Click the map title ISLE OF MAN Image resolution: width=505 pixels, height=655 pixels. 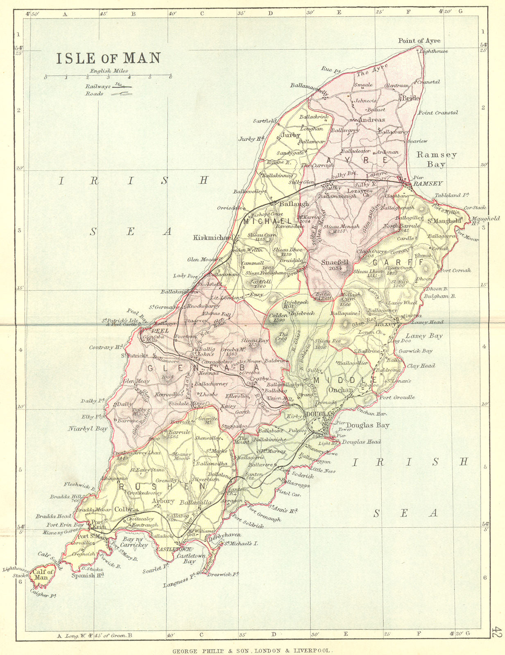point(108,58)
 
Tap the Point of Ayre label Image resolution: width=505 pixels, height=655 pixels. point(419,41)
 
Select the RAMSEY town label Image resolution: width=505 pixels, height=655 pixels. point(428,184)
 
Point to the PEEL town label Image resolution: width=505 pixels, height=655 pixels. point(158,330)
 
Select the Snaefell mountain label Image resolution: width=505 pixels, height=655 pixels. point(335,262)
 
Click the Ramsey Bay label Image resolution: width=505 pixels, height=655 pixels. point(436,159)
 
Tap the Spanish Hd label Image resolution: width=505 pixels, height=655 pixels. point(87,575)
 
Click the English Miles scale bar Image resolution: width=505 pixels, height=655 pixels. point(108,76)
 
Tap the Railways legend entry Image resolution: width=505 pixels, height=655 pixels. point(108,86)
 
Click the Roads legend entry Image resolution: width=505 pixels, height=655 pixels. point(108,94)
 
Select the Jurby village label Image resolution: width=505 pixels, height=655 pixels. point(291,135)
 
